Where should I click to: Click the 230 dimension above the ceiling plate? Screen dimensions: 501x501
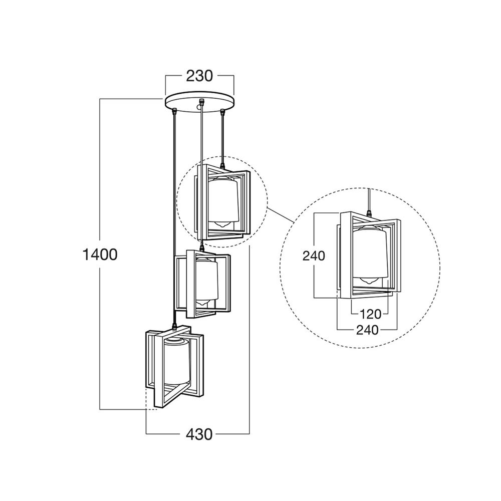(199, 76)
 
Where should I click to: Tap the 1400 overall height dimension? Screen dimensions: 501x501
(100, 255)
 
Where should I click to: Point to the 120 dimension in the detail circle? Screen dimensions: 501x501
(370, 315)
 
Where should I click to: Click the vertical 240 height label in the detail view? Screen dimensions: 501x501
(314, 256)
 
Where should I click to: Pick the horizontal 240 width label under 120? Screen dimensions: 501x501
(367, 330)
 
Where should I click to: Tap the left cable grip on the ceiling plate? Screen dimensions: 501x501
(175, 111)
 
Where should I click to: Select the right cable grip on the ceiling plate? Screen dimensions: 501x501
(222, 111)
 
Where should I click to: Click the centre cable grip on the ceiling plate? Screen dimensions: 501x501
(201, 102)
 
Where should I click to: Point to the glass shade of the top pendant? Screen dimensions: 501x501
(223, 200)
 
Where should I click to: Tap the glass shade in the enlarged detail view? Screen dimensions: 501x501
(370, 253)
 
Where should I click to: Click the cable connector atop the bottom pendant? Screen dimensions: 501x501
(174, 326)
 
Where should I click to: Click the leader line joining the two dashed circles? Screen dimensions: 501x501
(281, 215)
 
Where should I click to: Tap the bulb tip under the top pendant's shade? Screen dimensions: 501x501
(222, 224)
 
